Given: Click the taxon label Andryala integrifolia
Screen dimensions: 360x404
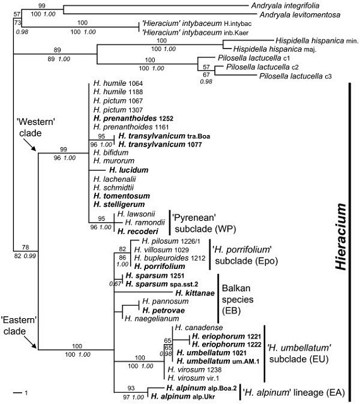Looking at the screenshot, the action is (x=285, y=6).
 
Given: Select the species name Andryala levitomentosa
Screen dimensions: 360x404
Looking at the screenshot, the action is (x=300, y=15).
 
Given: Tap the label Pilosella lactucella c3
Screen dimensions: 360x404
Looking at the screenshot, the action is (x=296, y=76).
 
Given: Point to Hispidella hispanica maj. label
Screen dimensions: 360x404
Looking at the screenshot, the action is (x=275, y=49).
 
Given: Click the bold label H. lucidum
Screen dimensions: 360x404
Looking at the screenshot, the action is (x=129, y=170).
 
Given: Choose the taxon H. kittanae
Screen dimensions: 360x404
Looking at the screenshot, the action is (x=195, y=293).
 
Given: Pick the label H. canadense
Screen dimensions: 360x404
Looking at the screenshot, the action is (x=199, y=328).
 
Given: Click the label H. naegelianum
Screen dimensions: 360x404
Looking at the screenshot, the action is (x=152, y=319).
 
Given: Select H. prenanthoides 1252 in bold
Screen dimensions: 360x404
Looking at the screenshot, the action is (x=133, y=118).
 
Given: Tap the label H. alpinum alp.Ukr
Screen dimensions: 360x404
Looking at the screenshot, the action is (x=183, y=396).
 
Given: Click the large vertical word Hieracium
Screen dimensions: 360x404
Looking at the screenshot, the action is (x=340, y=237).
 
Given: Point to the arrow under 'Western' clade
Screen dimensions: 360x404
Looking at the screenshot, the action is (x=30, y=145).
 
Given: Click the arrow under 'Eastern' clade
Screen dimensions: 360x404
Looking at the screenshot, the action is (x=30, y=342).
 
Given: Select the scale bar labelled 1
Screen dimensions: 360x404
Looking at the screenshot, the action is (x=18, y=393).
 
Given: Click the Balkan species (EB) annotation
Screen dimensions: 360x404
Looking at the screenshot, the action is (x=237, y=299).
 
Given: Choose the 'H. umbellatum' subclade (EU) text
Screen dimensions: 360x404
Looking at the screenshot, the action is (x=299, y=353).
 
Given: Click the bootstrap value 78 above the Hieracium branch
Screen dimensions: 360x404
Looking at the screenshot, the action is (x=25, y=247).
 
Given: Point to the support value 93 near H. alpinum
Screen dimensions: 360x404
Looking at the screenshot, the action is (x=131, y=388).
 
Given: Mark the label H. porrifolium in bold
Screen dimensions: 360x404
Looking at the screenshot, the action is (x=160, y=266).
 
